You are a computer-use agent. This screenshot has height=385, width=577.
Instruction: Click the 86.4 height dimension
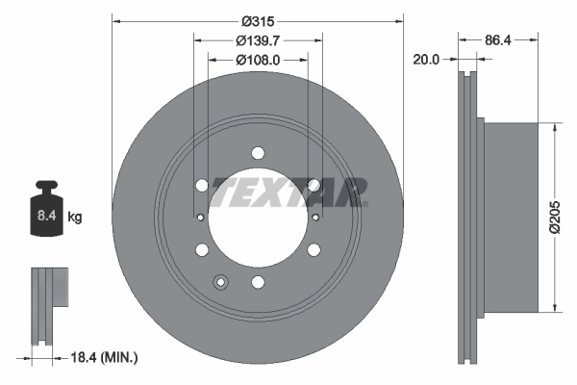[x=498, y=40]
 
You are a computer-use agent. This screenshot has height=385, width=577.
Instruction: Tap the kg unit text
[x=75, y=218]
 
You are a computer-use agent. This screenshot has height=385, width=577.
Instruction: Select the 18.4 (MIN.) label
[x=105, y=358]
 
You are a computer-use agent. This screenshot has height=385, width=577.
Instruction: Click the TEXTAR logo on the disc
[x=288, y=192]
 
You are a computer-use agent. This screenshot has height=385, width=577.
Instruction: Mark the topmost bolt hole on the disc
[x=258, y=153]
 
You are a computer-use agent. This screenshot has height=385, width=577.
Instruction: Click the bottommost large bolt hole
[x=258, y=282]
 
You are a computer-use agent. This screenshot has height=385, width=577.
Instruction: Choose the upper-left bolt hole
[x=202, y=186]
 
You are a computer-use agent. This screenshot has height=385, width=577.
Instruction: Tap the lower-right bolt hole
[x=314, y=250]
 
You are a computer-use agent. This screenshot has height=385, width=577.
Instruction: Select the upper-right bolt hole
[x=314, y=186]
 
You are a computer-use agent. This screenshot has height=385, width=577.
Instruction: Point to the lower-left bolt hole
[x=202, y=250]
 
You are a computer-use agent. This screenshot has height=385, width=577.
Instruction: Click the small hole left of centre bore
[x=199, y=217]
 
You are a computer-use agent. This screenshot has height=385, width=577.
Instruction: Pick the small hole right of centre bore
[x=315, y=217]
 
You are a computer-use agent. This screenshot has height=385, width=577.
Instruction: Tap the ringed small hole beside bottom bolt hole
[x=221, y=282]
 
